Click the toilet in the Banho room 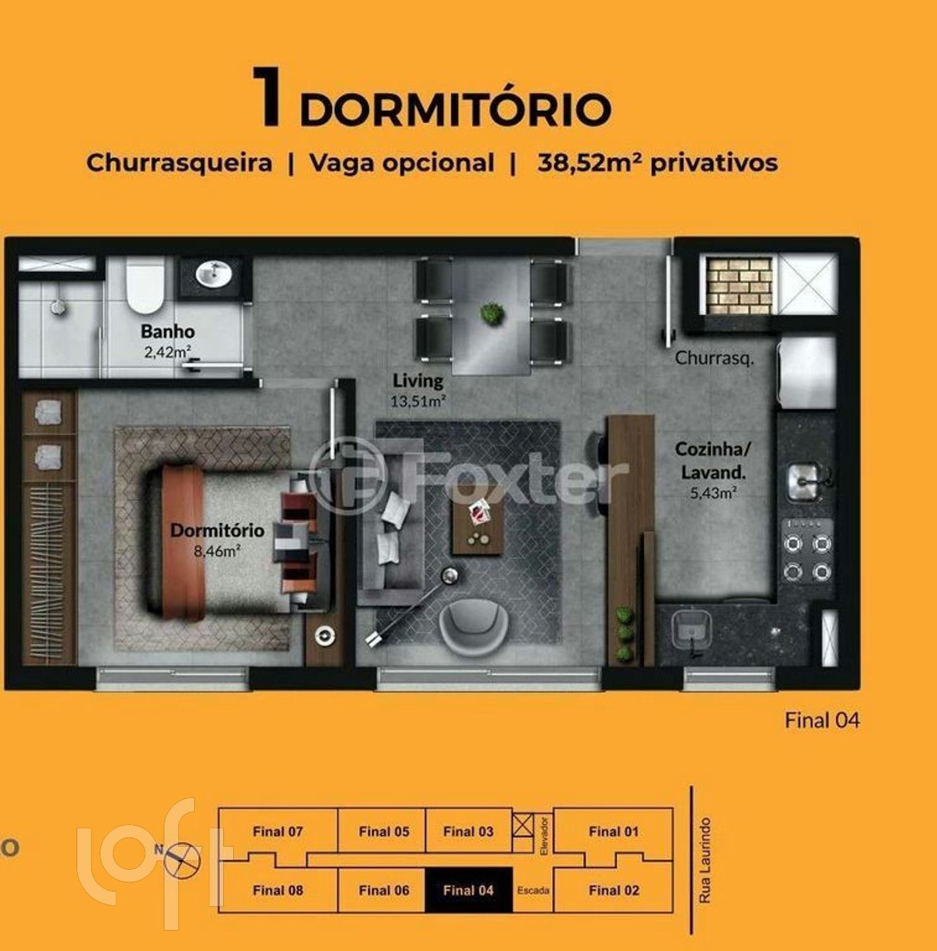[x=145, y=285]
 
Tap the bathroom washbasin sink [x=213, y=274]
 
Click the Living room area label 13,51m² [x=417, y=402]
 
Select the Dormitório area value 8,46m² [x=217, y=550]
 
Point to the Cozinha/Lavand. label [x=713, y=460]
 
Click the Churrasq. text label [x=714, y=358]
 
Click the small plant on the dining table [x=492, y=314]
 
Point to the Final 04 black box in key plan [x=469, y=890]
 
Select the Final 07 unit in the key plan [x=277, y=831]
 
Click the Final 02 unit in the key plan [x=613, y=890]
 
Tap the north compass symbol [x=182, y=861]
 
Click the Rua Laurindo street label [x=705, y=861]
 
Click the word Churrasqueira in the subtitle [x=179, y=163]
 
